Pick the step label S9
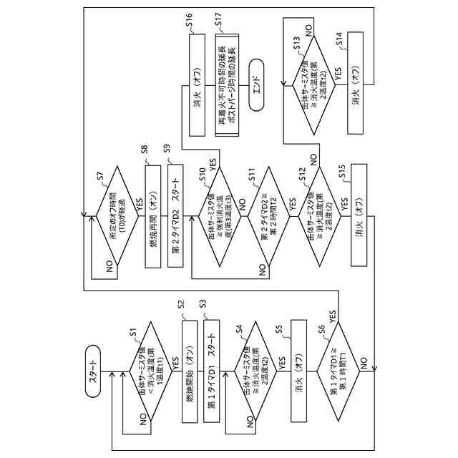pos(167,149)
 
